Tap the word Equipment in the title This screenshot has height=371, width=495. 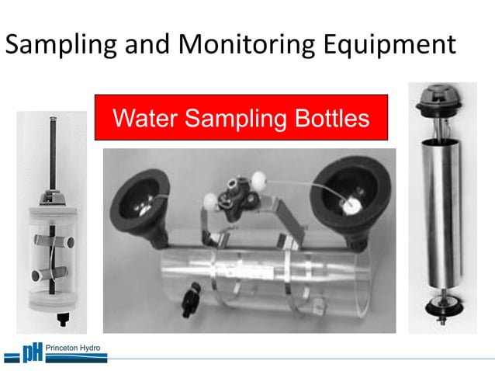click(387, 44)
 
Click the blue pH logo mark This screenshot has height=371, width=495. click(31, 354)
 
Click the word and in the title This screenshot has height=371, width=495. click(144, 44)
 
